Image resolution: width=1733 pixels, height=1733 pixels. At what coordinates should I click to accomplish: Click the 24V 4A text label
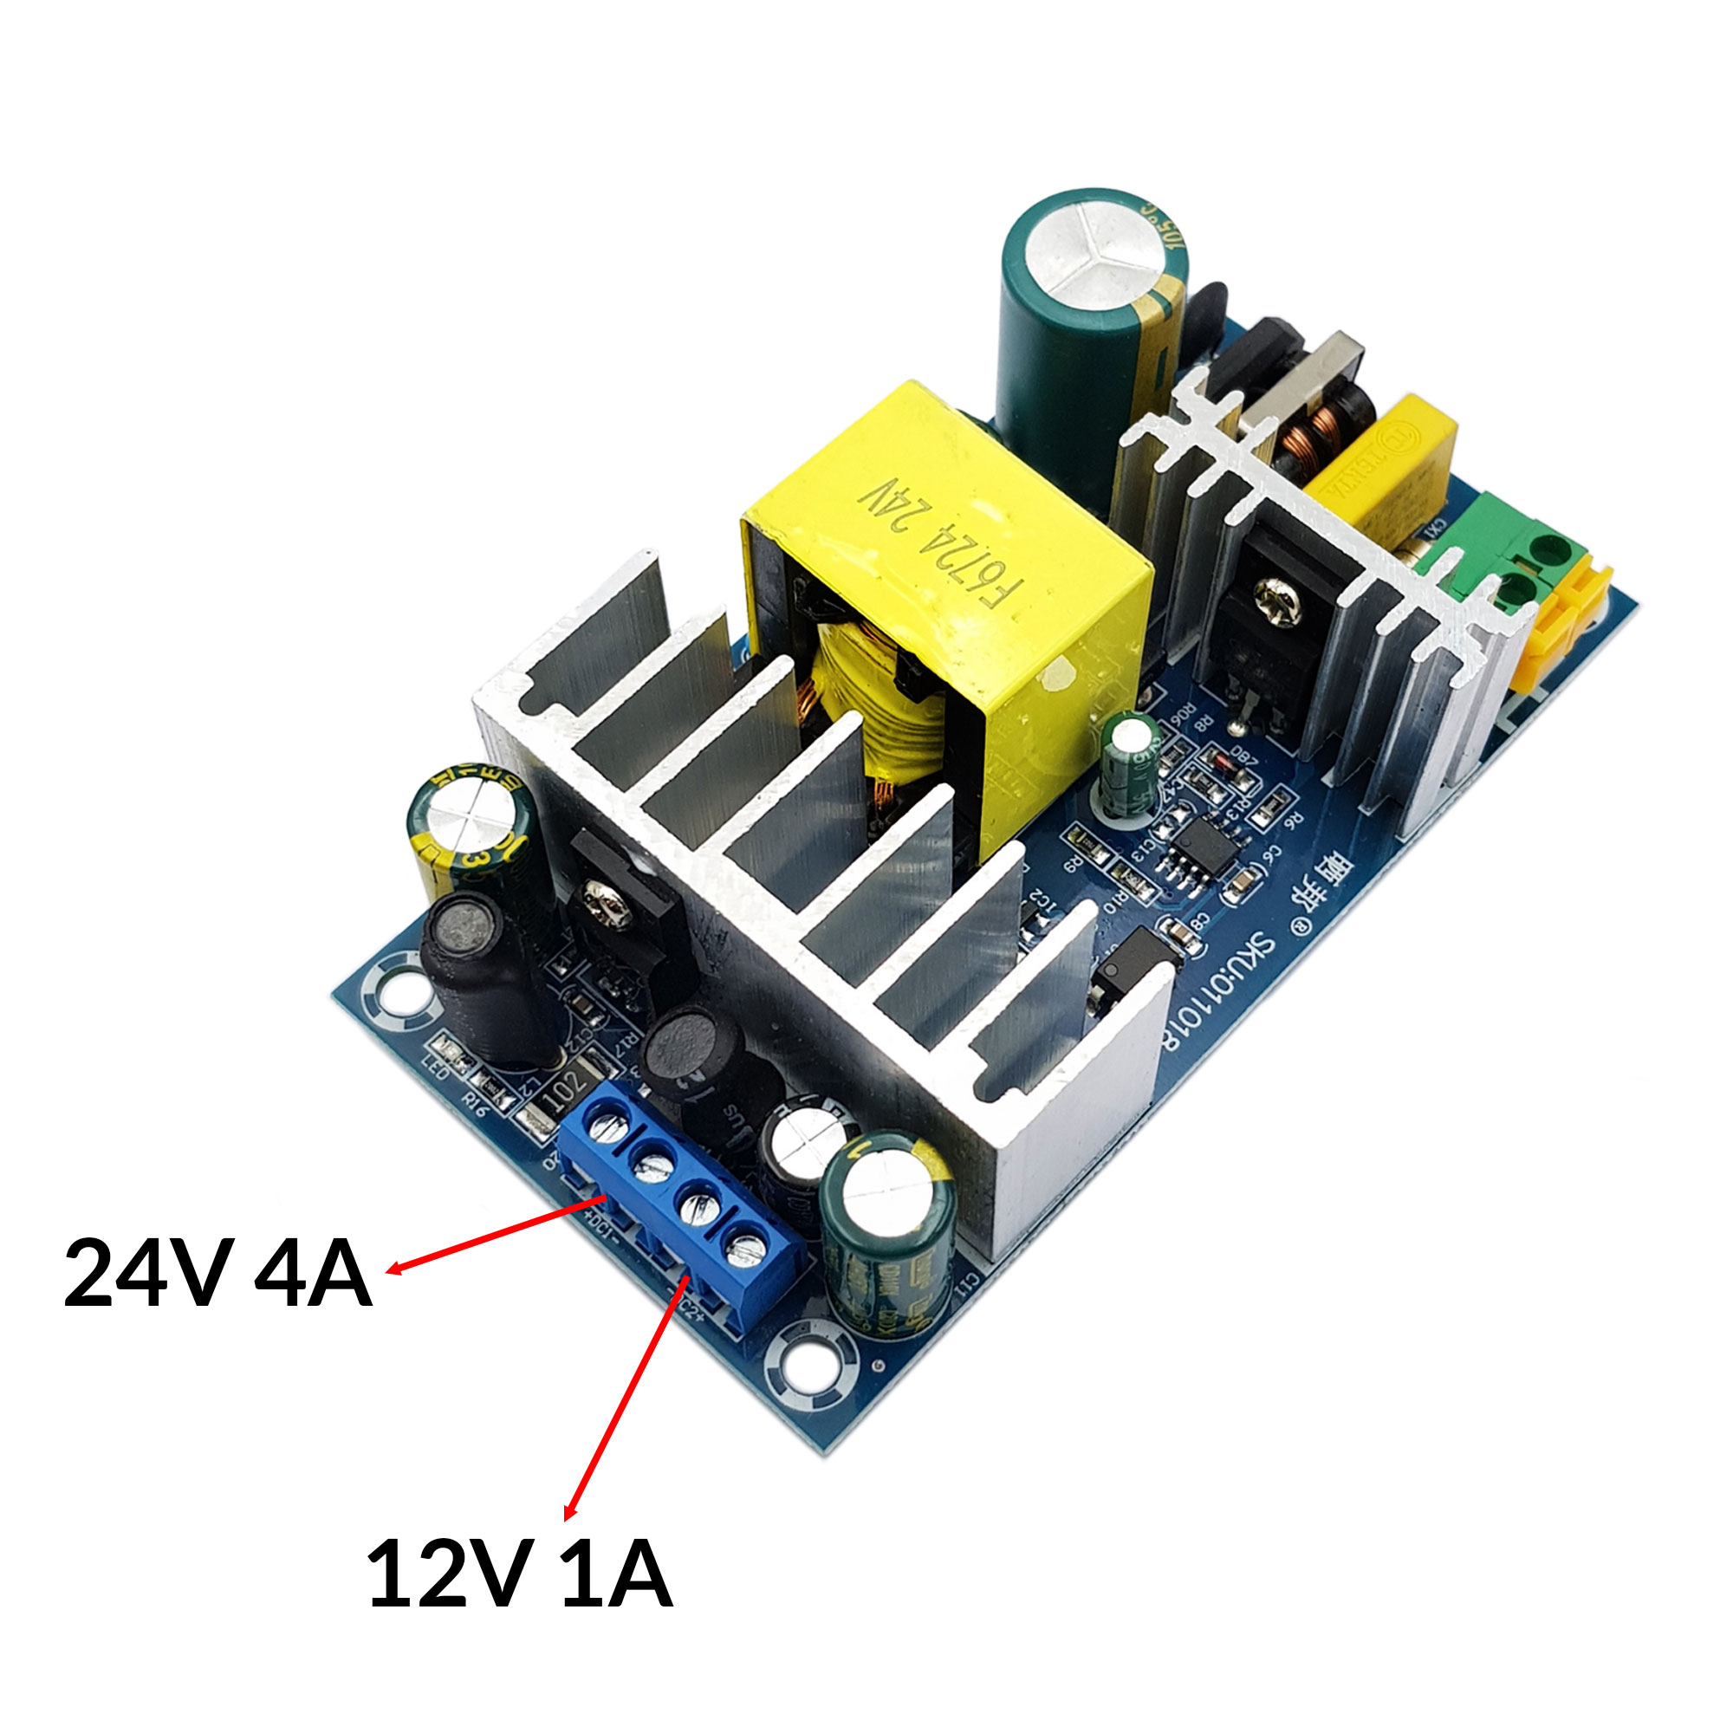217,1275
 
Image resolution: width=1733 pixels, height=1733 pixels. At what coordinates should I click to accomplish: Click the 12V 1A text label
519,1575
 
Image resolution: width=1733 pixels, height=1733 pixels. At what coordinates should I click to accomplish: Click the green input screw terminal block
1516,561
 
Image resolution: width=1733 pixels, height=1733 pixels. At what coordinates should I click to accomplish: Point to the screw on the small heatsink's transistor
1277,601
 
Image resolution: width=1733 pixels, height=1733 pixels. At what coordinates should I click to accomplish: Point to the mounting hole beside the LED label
394,996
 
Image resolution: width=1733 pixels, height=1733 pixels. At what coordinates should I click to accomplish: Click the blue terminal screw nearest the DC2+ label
743,1249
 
